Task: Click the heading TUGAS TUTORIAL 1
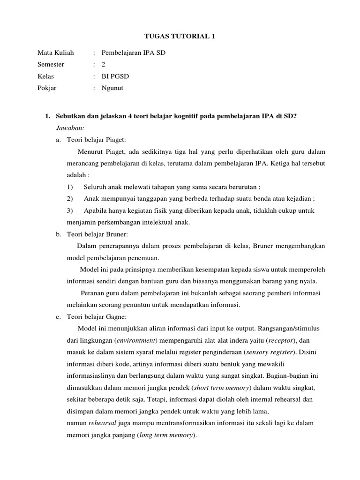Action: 180,37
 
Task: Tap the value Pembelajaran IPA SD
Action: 134,53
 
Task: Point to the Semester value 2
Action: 104,65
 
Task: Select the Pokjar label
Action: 47,88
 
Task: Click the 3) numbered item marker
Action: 70,210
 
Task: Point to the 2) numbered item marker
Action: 70,198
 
